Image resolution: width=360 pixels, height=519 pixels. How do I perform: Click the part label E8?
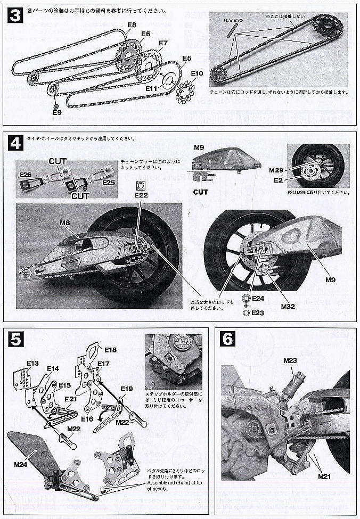pos(132,25)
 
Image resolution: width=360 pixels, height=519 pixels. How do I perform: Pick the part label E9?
pos(57,112)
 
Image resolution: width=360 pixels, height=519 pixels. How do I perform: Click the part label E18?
pos(111,350)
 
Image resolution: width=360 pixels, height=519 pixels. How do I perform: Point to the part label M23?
pos(290,360)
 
